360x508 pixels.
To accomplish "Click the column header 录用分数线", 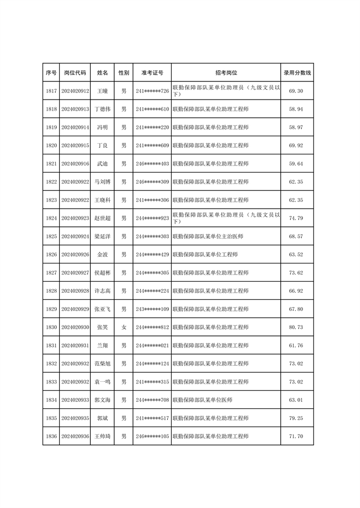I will click(297, 72).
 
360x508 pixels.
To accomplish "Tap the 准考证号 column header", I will click(152, 72).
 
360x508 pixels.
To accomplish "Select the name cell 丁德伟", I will click(102, 109).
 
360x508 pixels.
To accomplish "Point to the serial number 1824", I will click(52, 218).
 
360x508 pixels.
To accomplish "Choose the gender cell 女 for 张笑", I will click(124, 327).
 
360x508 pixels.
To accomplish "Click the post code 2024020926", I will click(75, 255).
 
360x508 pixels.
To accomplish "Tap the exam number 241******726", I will click(152, 91).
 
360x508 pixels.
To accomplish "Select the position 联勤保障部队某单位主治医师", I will click(208, 236).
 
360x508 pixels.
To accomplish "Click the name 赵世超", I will click(102, 218).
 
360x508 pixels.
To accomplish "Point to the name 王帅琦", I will click(102, 436).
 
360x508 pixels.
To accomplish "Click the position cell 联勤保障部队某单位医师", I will click(202, 400).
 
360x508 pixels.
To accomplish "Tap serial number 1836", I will click(52, 436).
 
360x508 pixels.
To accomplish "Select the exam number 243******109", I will click(152, 309).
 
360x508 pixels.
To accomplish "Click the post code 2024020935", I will click(75, 418).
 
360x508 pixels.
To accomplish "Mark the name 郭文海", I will click(102, 400).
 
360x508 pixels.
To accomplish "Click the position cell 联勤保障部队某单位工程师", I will click(205, 255).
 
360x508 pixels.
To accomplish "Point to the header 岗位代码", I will click(75, 72).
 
